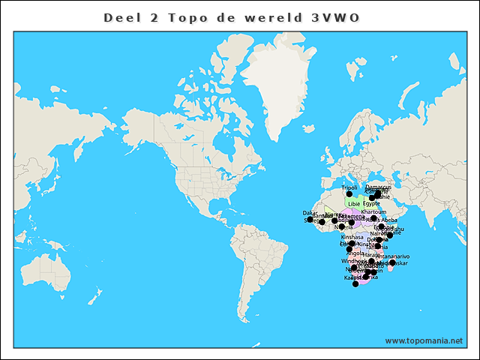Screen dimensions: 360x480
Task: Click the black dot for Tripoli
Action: pos(349,194)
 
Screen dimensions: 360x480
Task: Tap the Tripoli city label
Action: pos(349,187)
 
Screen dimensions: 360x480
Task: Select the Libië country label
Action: pos(353,203)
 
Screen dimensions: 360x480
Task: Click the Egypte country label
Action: pos(372,203)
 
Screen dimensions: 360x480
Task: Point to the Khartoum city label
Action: pos(374,212)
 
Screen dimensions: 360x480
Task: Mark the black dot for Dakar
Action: pos(308,219)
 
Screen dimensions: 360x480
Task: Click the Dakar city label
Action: pos(310,213)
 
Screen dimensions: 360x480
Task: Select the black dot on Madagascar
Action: pos(392,263)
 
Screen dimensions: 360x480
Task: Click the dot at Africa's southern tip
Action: pos(355,284)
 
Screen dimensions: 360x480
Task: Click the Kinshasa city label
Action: pos(352,236)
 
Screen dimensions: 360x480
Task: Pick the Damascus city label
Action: pos(378,187)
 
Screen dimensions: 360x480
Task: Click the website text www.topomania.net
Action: pos(424,340)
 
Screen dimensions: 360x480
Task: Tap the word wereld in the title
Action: pos(272,16)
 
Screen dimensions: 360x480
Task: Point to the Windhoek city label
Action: pos(354,261)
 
